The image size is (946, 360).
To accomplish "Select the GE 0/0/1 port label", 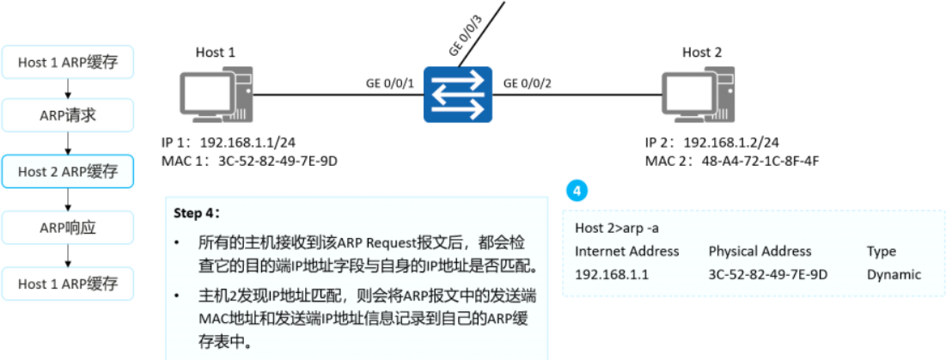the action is pyautogui.click(x=390, y=83).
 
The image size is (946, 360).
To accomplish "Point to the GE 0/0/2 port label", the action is pyautogui.click(x=527, y=83).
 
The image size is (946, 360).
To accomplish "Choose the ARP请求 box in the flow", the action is pyautogui.click(x=68, y=116).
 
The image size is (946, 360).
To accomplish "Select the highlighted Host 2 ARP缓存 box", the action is pyautogui.click(x=68, y=171).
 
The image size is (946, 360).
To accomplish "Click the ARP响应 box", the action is pyautogui.click(x=68, y=228).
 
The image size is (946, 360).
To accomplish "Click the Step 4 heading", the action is pyautogui.click(x=197, y=212).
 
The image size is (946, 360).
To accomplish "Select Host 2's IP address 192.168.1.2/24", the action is pyautogui.click(x=733, y=142).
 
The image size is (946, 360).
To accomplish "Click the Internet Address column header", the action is pyautogui.click(x=627, y=252).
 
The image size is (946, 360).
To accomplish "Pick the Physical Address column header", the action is pyautogui.click(x=760, y=252).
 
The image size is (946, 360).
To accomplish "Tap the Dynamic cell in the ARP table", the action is pyautogui.click(x=894, y=275).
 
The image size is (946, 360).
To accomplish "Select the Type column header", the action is pyautogui.click(x=881, y=252).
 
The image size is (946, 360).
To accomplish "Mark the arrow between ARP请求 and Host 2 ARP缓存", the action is pyautogui.click(x=68, y=143).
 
